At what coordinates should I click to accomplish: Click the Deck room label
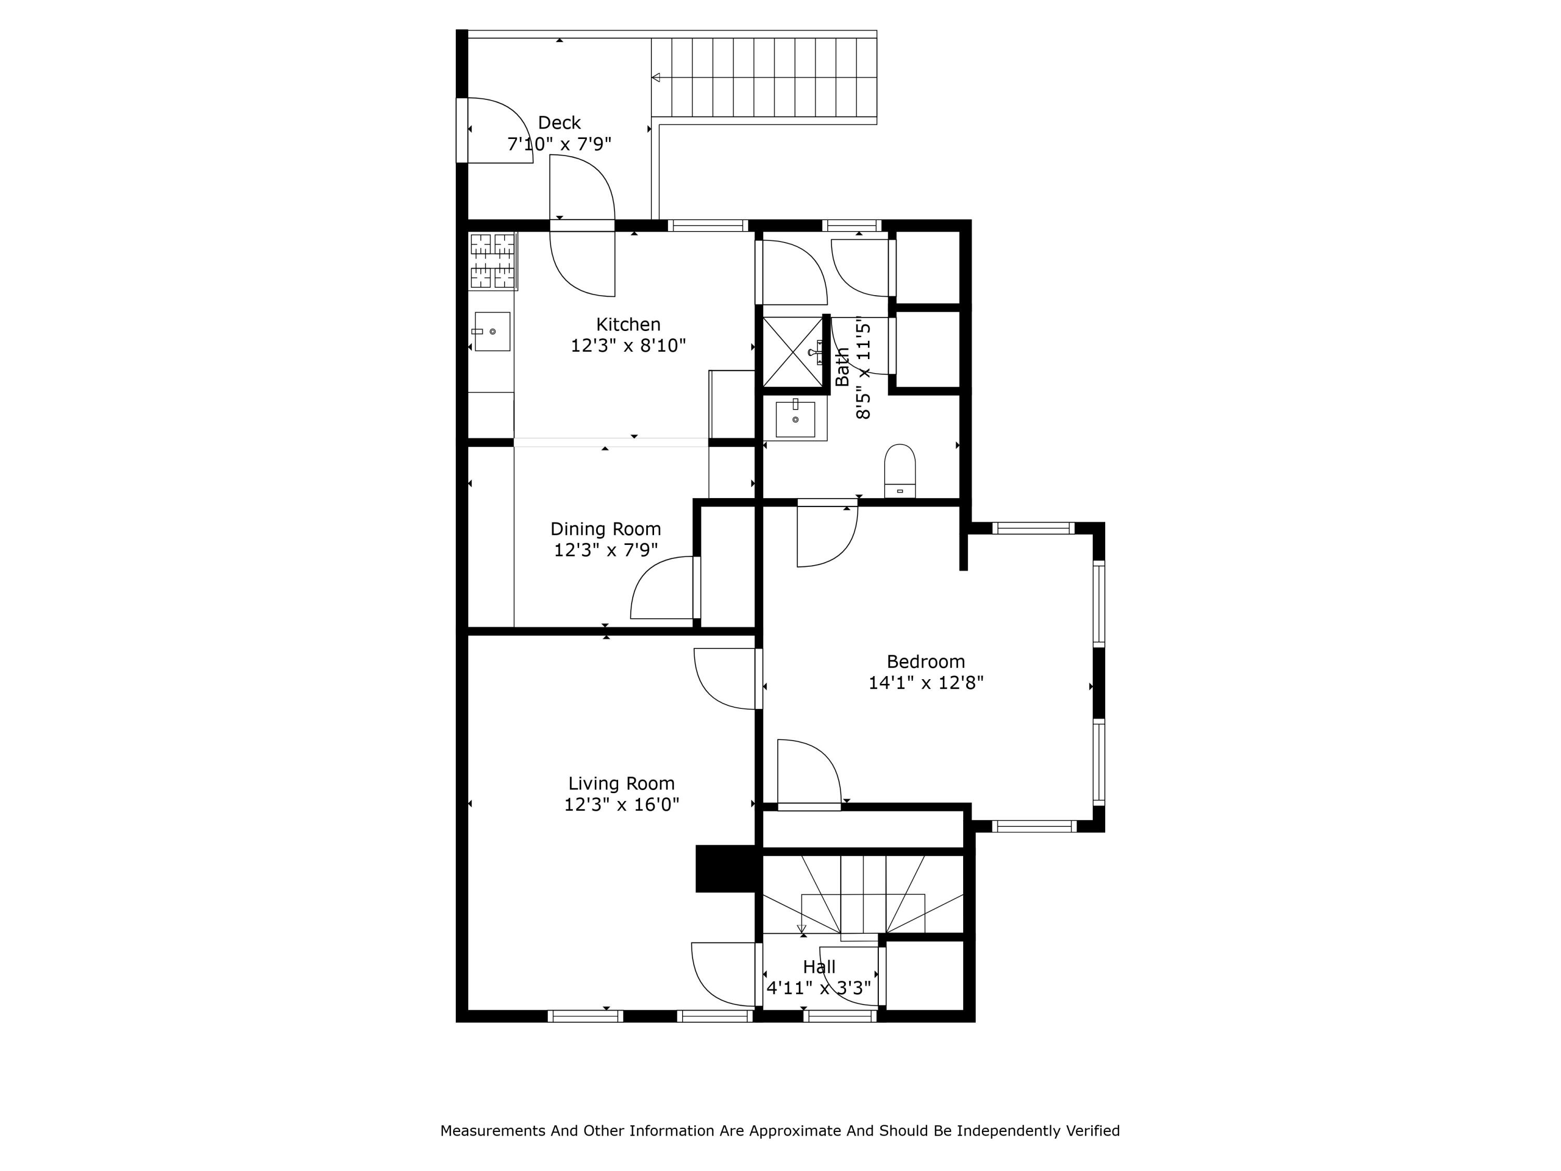(559, 123)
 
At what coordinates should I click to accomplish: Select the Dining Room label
(606, 529)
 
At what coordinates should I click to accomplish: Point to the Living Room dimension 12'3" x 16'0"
(621, 805)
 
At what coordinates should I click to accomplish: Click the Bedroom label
(925, 662)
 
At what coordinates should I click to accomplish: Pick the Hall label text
(818, 967)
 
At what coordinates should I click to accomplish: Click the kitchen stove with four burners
(493, 261)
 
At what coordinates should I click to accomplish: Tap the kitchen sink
(491, 331)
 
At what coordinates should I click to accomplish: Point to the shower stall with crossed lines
(793, 351)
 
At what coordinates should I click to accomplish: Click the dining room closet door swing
(662, 588)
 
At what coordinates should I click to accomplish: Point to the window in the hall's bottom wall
(840, 1016)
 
